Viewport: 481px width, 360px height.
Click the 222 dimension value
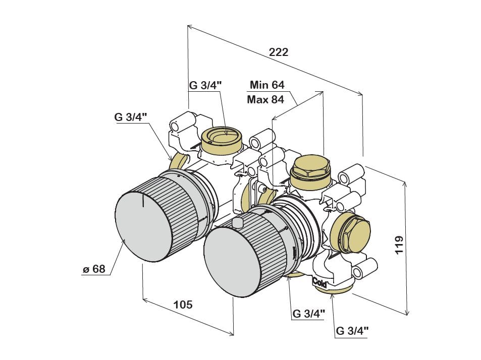coord(278,52)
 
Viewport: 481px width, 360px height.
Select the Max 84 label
coord(265,99)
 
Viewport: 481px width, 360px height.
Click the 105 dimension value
coord(183,305)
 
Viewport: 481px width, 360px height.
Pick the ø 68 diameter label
coord(94,269)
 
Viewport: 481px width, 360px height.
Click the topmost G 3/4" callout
coord(205,85)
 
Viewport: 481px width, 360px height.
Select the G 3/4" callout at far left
coord(131,117)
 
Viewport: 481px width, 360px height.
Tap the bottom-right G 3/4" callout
coord(352,331)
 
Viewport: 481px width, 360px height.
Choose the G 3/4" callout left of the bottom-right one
coord(308,314)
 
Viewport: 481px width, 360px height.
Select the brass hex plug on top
coord(310,169)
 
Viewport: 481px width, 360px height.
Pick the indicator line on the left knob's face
coord(143,202)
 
